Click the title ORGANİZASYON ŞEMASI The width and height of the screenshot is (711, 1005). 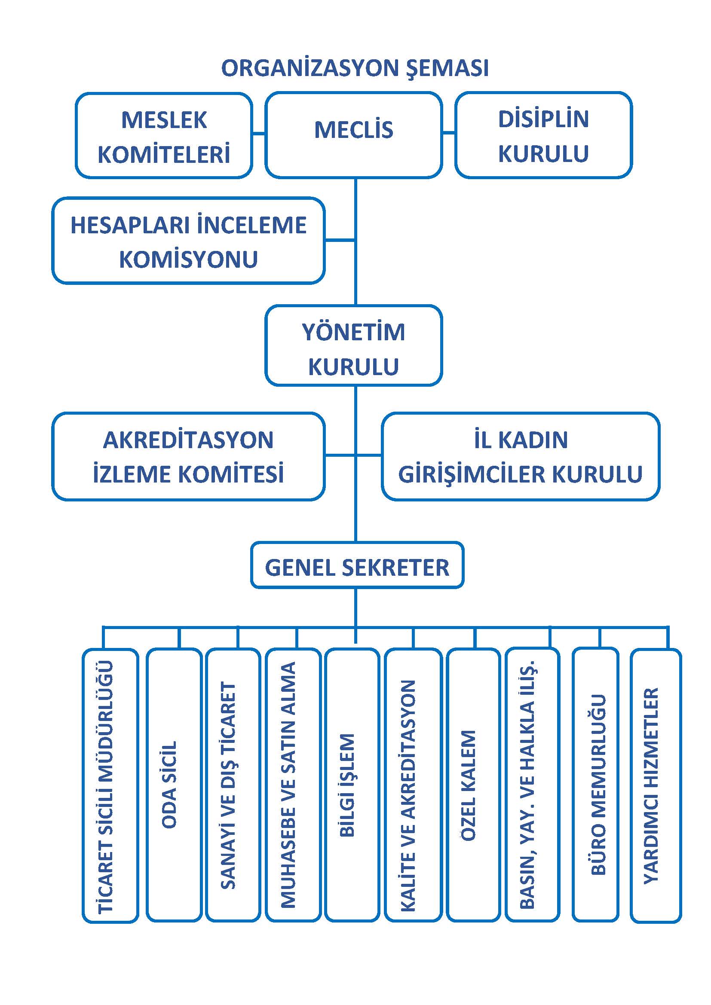[x=355, y=68]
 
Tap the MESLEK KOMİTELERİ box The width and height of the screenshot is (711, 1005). [x=164, y=136]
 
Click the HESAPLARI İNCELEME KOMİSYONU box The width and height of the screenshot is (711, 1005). [x=188, y=241]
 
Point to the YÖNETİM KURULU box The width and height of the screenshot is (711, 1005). [x=354, y=345]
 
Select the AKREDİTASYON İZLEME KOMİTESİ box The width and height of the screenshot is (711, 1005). [x=188, y=456]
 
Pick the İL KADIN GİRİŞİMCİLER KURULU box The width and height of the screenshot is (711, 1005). [x=520, y=456]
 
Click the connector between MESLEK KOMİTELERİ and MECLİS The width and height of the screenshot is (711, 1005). [x=259, y=134]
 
